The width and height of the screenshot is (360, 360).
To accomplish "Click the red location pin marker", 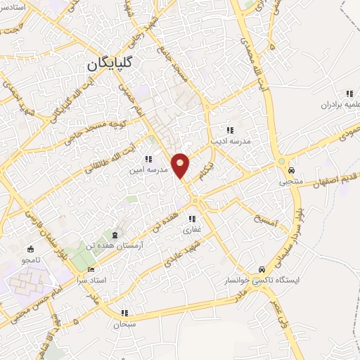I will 181,165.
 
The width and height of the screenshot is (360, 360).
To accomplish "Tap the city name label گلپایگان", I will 113,63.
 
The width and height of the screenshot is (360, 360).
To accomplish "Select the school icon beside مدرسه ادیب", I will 229,129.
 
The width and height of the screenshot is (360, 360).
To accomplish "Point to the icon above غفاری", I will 193,219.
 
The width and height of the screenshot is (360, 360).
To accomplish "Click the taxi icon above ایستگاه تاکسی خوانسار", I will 261,269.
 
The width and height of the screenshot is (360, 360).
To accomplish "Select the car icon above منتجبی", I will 290,170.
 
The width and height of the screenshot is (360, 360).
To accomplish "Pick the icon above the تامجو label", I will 30,249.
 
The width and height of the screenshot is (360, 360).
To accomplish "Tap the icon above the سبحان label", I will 125,314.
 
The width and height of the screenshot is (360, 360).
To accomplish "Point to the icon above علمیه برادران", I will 347,94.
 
